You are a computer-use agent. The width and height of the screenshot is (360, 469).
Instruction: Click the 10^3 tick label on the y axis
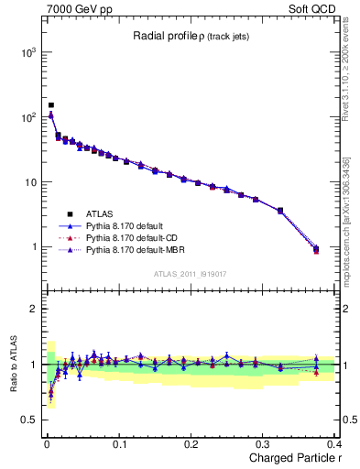tap(27, 52)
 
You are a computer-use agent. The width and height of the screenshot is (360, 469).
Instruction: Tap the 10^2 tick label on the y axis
tap(27, 117)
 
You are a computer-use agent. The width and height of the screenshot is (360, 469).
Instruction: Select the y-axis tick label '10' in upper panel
tap(30, 182)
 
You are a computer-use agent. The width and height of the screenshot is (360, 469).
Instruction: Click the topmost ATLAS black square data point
tap(51, 105)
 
